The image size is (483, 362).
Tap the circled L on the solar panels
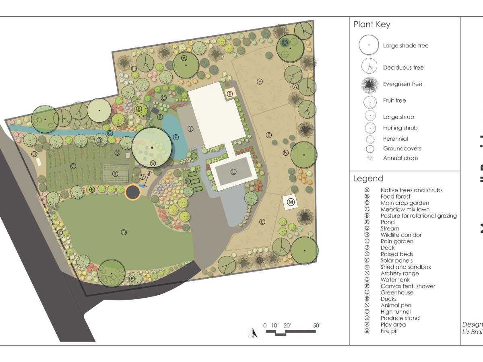click(x=233, y=172)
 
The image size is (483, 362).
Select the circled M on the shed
click(x=291, y=202)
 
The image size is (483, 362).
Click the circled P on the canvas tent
click(x=230, y=94)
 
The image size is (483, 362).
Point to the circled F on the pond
click(x=175, y=137)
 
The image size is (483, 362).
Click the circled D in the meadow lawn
click(x=124, y=232)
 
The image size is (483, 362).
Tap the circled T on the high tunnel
click(x=115, y=174)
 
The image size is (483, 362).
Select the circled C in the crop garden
click(x=73, y=166)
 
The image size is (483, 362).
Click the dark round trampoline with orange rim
click(x=132, y=192)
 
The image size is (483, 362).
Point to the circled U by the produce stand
click(x=35, y=154)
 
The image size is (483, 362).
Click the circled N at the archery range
click(x=285, y=153)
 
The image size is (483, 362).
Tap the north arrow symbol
click(x=252, y=333)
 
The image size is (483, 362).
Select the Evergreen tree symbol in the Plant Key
click(x=369, y=84)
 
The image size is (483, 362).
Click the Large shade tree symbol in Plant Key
click(x=369, y=45)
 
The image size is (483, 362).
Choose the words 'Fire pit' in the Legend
click(x=389, y=331)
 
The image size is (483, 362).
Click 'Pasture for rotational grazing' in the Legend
click(x=419, y=216)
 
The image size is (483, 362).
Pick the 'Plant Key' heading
click(x=372, y=25)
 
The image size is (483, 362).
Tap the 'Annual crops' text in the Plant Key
click(x=400, y=158)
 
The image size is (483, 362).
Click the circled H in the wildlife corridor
click(x=134, y=69)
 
